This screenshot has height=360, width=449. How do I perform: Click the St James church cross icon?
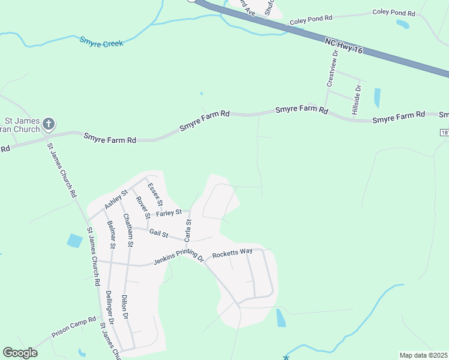click(49, 125)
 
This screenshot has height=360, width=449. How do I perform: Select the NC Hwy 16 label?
click(344, 46)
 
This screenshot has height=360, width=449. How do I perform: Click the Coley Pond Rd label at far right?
click(394, 13)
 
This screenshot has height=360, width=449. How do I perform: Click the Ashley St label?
click(116, 199)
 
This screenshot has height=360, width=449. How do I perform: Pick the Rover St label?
click(142, 208)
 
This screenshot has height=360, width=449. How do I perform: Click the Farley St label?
click(169, 212)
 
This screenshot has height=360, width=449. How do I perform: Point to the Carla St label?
click(188, 231)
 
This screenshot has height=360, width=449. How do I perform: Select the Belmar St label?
click(111, 234)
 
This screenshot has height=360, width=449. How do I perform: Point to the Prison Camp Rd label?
click(74, 328)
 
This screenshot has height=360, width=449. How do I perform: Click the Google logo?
click(20, 353)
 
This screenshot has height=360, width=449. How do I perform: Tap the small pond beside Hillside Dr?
click(377, 98)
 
